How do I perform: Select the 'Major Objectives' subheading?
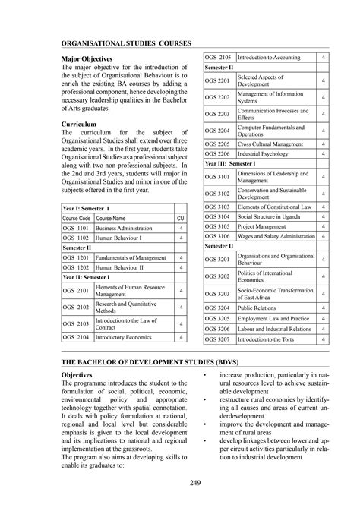pos(87,58)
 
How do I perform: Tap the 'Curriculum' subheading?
pos(78,122)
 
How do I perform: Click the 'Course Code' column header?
pos(76,218)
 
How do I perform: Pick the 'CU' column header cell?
pos(181,218)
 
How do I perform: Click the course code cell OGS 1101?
pos(76,228)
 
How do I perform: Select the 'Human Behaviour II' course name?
pos(122,267)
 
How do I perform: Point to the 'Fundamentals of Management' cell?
pos(131,257)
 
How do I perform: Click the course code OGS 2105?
pos(219,58)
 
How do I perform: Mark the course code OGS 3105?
pos(219,226)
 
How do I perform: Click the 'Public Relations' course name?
pos(258,309)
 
